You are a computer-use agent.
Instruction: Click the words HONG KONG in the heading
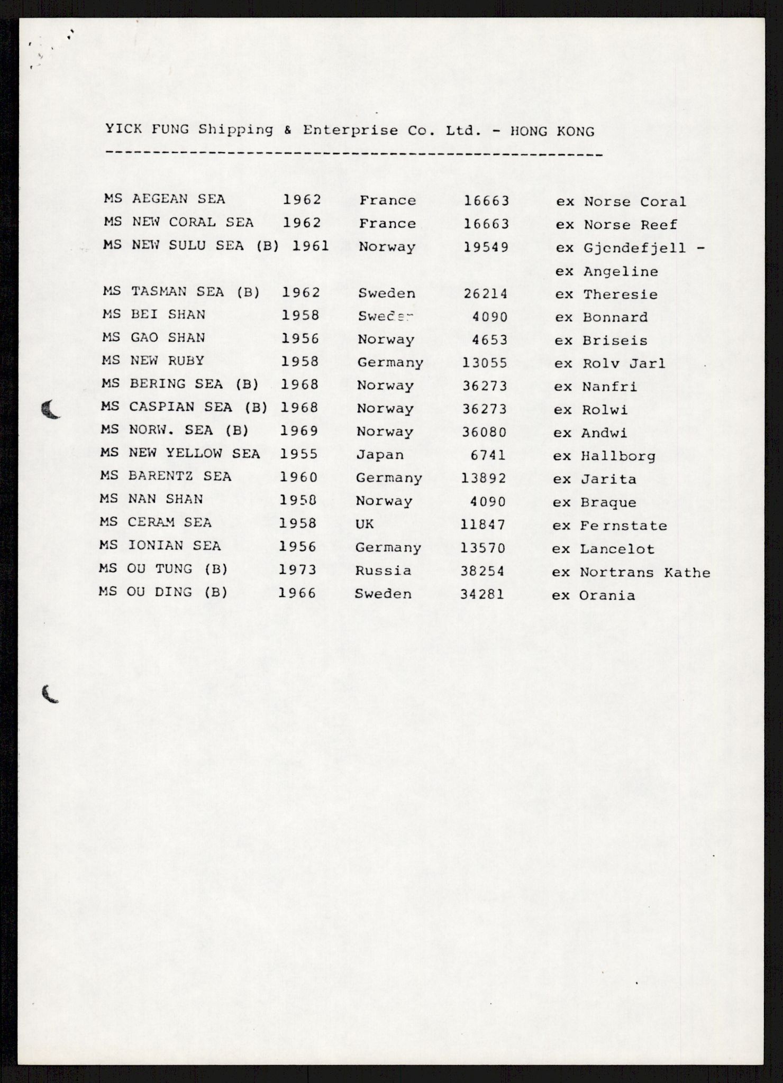click(x=552, y=131)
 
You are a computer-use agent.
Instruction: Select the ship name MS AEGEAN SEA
click(x=165, y=199)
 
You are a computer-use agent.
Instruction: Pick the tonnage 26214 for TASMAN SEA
click(x=486, y=293)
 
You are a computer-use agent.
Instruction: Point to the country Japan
click(x=380, y=455)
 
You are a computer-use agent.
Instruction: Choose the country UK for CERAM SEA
click(x=365, y=524)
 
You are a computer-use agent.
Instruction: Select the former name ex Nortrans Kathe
click(x=631, y=572)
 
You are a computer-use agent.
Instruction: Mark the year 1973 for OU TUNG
click(x=297, y=570)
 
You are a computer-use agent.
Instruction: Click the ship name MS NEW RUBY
click(x=153, y=361)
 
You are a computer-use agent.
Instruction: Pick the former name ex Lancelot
click(x=603, y=549)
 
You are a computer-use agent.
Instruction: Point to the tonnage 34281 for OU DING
click(x=482, y=594)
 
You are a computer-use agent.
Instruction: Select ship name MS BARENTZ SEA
click(x=166, y=476)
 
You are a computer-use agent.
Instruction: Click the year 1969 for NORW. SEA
click(x=299, y=430)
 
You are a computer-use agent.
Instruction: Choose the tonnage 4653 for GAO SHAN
click(x=489, y=339)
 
